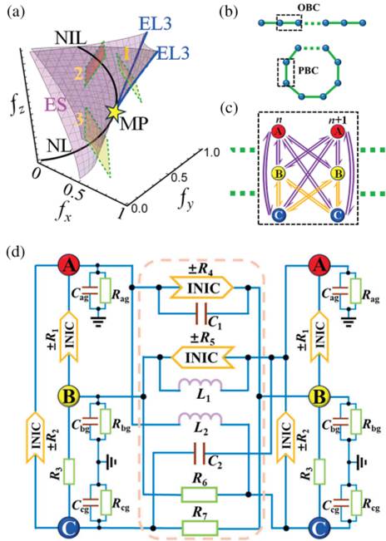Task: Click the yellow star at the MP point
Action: [x=114, y=113]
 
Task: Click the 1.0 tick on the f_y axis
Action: [x=210, y=152]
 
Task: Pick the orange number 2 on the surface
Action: [x=78, y=75]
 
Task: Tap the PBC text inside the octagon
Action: [x=308, y=71]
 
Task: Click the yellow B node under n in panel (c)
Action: [x=279, y=174]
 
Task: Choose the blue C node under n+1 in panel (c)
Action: [x=338, y=215]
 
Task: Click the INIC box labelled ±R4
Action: [x=202, y=288]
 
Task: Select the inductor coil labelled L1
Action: [x=200, y=385]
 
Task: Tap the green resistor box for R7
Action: [x=200, y=528]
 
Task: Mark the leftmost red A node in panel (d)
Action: [x=69, y=266]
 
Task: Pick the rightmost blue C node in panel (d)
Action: [x=319, y=528]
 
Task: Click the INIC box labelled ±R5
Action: [x=200, y=357]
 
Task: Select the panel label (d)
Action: [x=16, y=253]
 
